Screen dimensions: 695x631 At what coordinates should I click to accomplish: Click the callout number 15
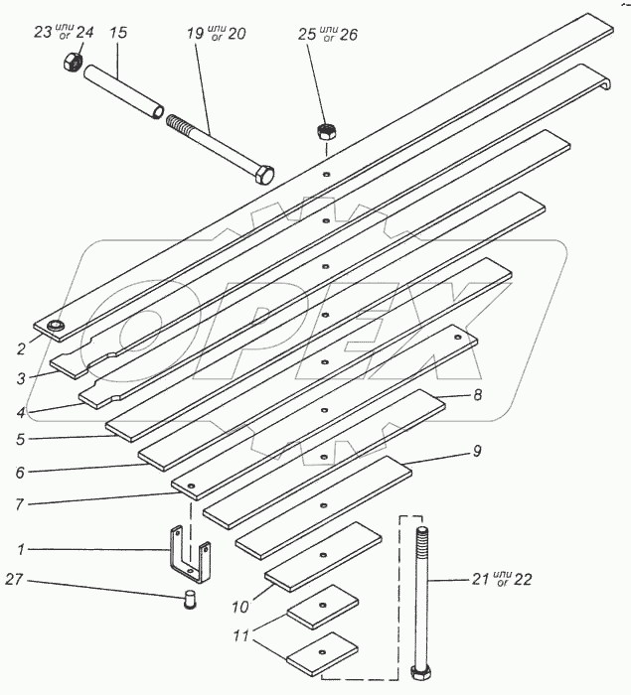point(117,33)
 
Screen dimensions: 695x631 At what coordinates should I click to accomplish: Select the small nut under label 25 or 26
point(325,130)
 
